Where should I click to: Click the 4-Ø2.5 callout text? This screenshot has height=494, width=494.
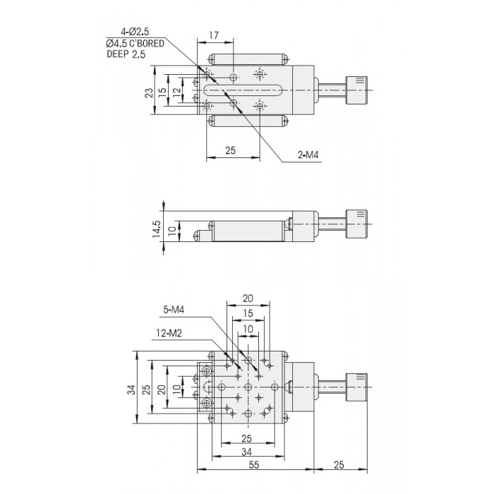coord(135,32)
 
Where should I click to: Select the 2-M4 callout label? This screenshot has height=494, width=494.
coord(308,155)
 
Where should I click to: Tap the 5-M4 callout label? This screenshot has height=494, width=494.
coord(174,310)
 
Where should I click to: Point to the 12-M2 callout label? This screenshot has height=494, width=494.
coord(169,333)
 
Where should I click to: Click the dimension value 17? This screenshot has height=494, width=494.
coord(214,35)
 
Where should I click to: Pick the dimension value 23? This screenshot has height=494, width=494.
coord(149,92)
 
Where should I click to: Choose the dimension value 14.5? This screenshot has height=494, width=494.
coord(157,229)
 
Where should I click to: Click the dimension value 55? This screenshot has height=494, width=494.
coord(254,464)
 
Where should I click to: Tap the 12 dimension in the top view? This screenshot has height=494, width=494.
coord(177,91)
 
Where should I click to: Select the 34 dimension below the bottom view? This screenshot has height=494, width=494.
coord(247,452)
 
